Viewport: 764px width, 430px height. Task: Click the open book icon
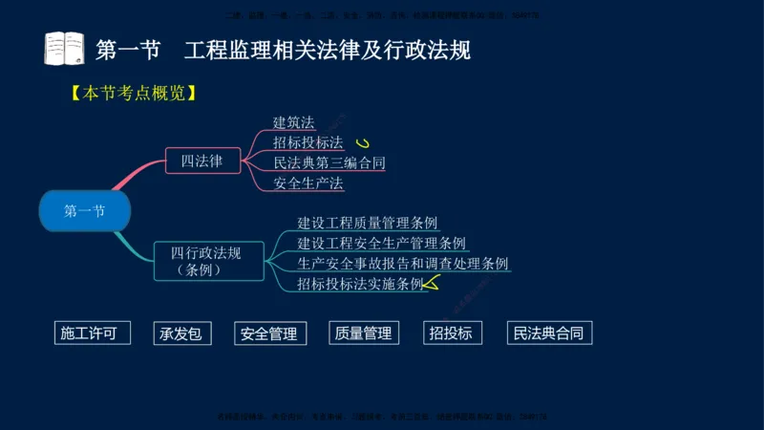(64, 48)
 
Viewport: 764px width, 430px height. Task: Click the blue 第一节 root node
(84, 211)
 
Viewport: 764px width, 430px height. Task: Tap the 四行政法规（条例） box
(207, 261)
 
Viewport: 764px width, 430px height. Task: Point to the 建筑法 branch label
(294, 122)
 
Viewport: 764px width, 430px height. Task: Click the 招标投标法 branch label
(308, 142)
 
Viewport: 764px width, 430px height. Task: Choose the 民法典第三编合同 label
(329, 162)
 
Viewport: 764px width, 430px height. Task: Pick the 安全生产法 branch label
(308, 183)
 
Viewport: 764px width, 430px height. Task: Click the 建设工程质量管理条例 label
(368, 223)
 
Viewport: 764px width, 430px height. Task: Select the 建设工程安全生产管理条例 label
(381, 243)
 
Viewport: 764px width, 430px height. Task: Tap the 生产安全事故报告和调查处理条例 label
(402, 263)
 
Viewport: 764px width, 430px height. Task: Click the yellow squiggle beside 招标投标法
(362, 143)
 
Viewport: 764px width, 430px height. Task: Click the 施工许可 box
(91, 333)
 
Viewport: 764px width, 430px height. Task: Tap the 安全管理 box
(270, 333)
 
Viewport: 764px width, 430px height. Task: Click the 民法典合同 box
(547, 333)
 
